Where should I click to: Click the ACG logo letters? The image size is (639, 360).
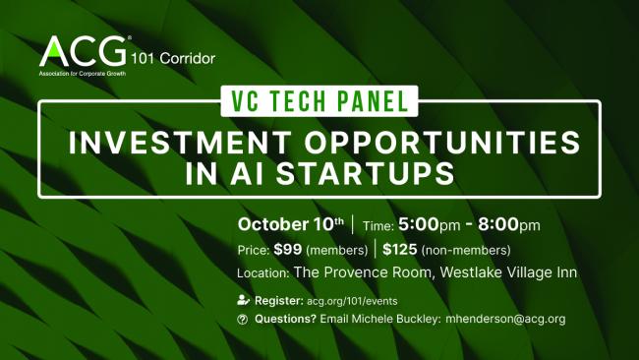click(83, 51)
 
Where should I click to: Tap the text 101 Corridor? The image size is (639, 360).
click(173, 59)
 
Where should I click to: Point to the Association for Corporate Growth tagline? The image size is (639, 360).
click(83, 74)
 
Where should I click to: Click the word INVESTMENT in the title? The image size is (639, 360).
click(180, 143)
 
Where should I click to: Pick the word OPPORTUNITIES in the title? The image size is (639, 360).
click(442, 143)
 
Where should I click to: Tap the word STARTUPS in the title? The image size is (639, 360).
click(365, 174)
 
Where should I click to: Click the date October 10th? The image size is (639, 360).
click(291, 224)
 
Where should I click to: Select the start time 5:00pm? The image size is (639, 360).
click(430, 224)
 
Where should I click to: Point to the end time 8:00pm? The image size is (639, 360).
click(509, 224)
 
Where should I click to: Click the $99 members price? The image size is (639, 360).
click(320, 250)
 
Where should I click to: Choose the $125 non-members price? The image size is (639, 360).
click(446, 250)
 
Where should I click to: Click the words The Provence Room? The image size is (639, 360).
click(363, 272)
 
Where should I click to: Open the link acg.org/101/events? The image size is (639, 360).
click(352, 301)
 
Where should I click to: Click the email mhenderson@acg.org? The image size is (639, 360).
click(505, 319)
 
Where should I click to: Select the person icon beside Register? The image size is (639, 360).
click(243, 300)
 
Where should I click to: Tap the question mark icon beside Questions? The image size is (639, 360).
click(243, 320)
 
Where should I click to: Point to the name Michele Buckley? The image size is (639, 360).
click(394, 319)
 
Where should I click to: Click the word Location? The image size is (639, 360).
click(263, 273)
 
